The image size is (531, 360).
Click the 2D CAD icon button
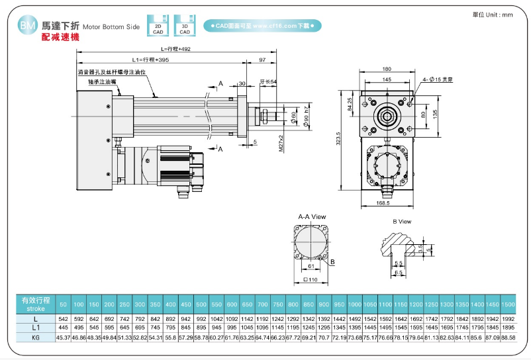158,25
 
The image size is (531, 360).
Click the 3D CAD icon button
184,25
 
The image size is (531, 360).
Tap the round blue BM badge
27,26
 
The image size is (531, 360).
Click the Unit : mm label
493,15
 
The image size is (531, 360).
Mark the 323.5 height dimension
338,140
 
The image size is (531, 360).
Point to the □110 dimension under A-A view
312,280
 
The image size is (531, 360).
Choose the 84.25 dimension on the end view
349,105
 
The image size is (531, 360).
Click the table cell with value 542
64,318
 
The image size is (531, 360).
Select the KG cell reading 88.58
508,337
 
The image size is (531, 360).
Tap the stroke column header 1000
355,304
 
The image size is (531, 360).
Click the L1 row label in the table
36,328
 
